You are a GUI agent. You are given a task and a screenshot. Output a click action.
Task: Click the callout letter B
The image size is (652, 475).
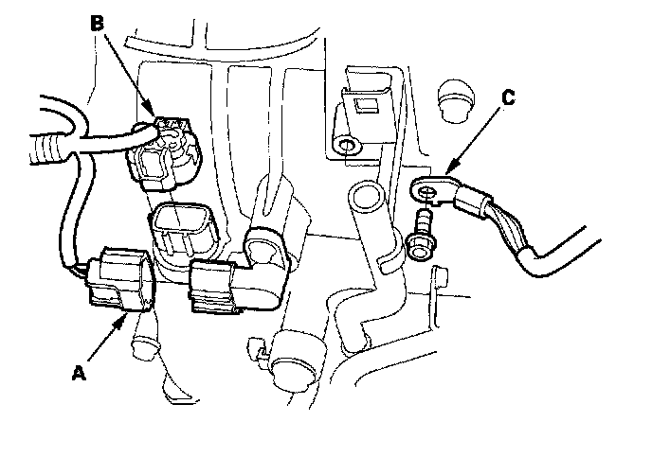(x=96, y=22)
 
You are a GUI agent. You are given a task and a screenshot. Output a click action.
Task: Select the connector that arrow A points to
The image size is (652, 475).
(x=119, y=279)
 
